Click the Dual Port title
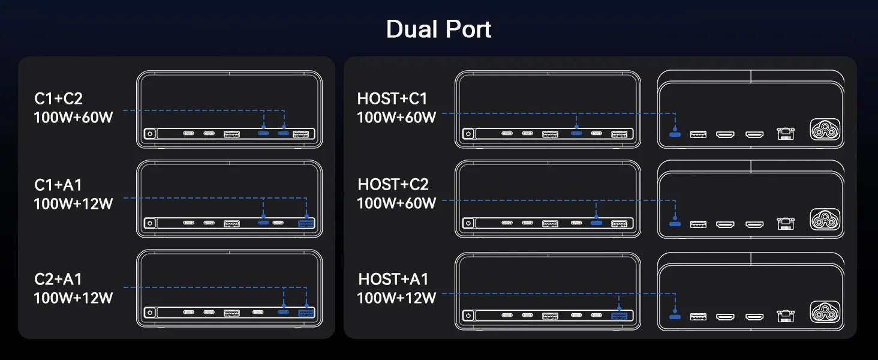438,29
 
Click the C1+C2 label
58,99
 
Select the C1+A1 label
58,185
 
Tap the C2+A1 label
58,279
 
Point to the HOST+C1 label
392,98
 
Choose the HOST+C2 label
393,184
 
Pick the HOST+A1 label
393,279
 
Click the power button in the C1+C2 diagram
149,134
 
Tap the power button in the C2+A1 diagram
149,313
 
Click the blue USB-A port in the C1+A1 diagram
306,224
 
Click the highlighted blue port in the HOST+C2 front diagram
596,224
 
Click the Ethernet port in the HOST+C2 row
784,224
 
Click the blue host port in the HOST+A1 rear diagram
675,316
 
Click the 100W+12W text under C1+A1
73,204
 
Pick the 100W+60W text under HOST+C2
396,203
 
